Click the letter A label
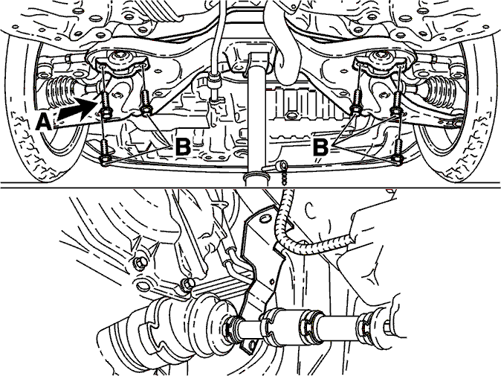pos(43,123)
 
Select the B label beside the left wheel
pos(183,147)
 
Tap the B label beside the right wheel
pos(320,147)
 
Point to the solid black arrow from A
pos(77,110)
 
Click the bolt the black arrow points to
pos(105,103)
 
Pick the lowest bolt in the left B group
pos(105,151)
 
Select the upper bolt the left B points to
pos(145,102)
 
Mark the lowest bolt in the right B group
pos(398,151)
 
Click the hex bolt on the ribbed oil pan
pos(291,115)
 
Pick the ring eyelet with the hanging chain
pos(282,165)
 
